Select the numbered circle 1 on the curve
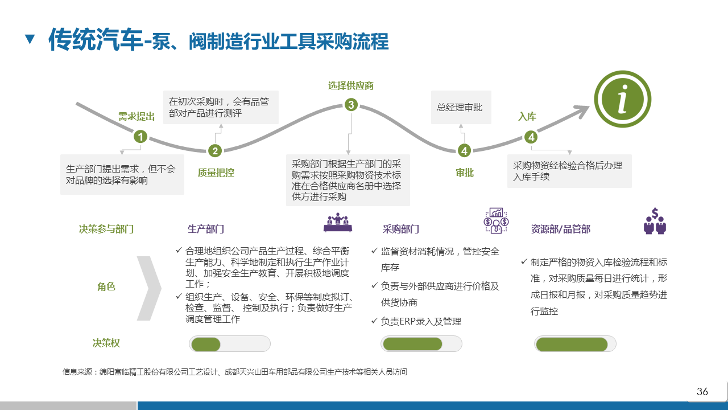click(140, 137)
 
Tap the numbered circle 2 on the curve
click(214, 150)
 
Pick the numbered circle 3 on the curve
click(351, 104)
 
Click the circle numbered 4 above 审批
click(465, 150)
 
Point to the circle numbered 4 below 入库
click(531, 137)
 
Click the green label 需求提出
click(136, 117)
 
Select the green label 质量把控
click(216, 173)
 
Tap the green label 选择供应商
click(351, 86)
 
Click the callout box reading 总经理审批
click(460, 107)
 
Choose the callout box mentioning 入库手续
click(569, 171)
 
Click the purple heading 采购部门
click(401, 229)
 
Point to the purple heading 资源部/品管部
click(561, 229)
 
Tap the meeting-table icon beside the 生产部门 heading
click(338, 223)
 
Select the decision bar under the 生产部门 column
click(229, 344)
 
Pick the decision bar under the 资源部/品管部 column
click(575, 344)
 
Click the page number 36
click(702, 391)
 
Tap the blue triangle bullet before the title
click(30, 39)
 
